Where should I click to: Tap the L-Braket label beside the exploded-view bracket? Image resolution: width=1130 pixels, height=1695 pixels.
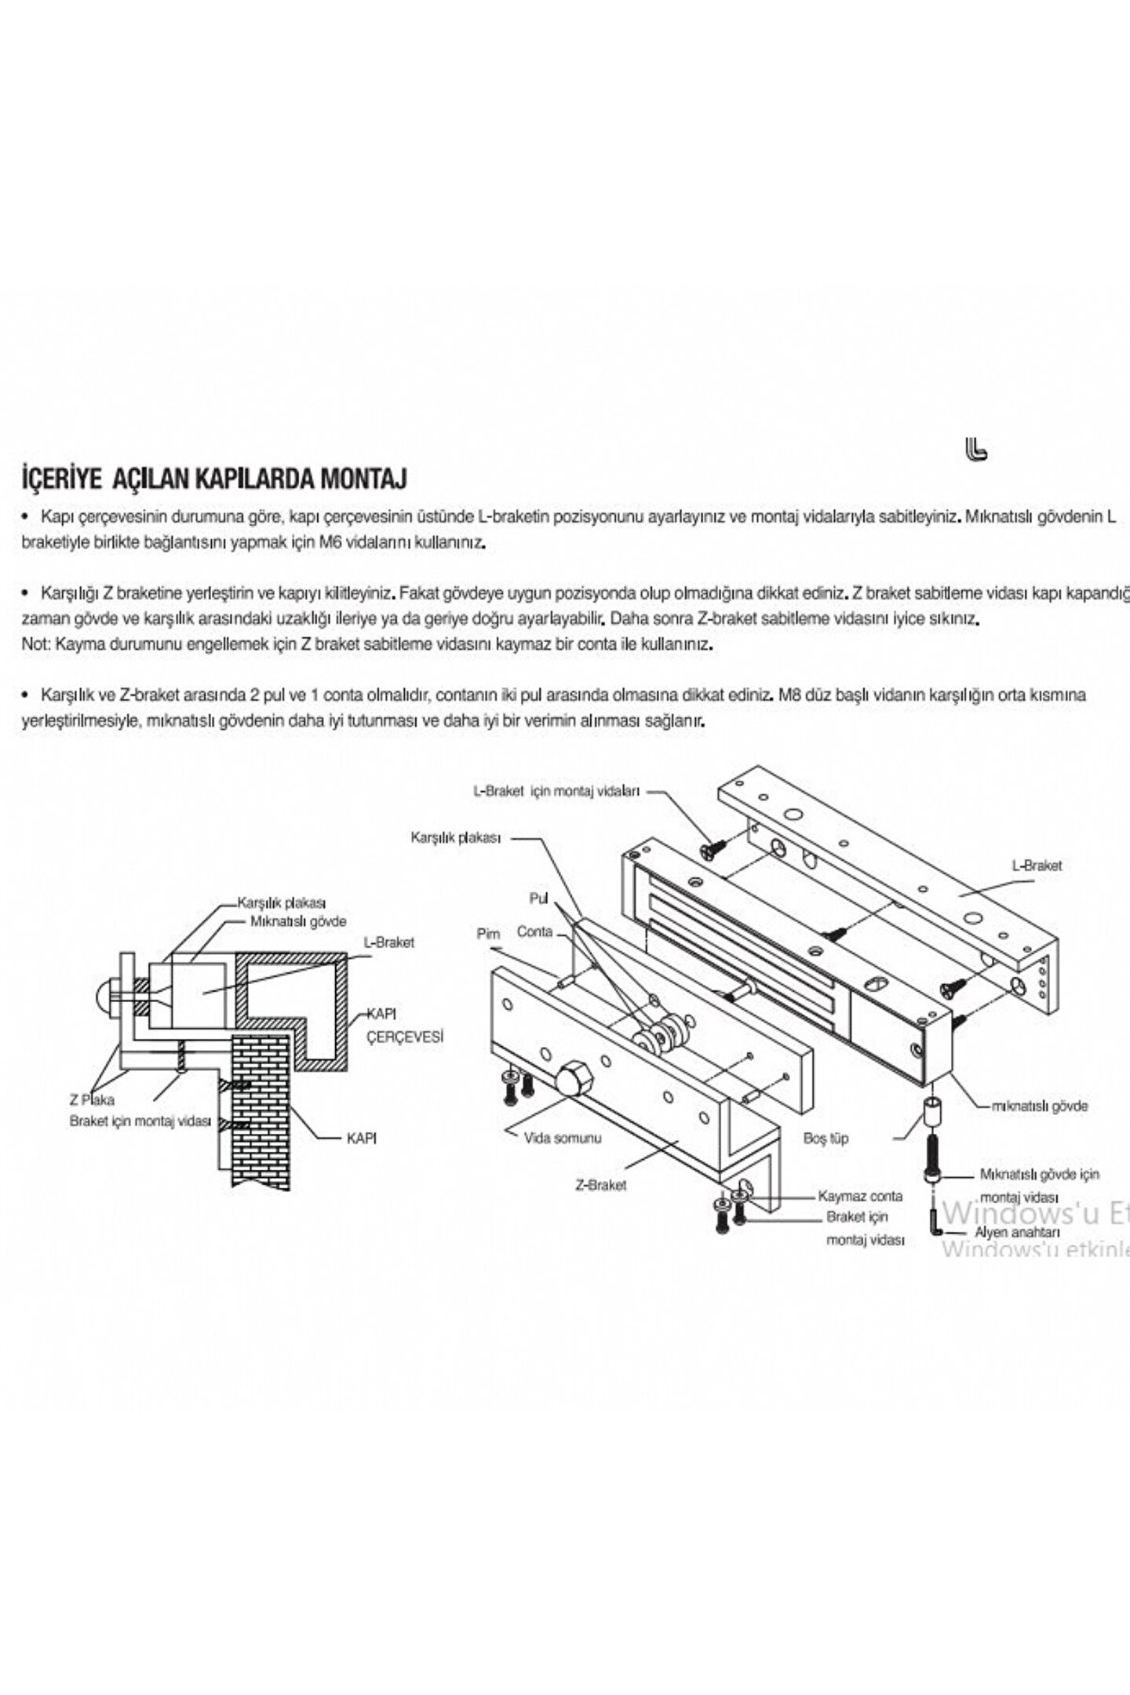(x=1036, y=866)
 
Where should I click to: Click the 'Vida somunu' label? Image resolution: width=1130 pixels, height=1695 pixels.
(x=562, y=1138)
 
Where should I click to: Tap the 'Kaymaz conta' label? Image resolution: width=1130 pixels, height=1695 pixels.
(x=860, y=1197)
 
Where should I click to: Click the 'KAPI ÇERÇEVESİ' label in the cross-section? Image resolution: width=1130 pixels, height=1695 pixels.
(x=405, y=1026)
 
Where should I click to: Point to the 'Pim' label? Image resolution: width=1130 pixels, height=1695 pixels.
(x=488, y=935)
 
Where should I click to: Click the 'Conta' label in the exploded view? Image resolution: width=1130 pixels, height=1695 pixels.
(x=534, y=932)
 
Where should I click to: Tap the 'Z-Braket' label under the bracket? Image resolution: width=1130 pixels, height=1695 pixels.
(x=600, y=1185)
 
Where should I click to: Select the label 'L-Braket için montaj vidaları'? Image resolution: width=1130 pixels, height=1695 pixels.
(x=556, y=791)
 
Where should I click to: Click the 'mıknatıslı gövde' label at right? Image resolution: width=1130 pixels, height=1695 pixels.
(x=1040, y=1106)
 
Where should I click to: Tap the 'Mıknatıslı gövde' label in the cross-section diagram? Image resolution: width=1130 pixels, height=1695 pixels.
(x=298, y=921)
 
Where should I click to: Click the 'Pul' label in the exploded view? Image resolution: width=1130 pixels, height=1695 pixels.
(x=538, y=898)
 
